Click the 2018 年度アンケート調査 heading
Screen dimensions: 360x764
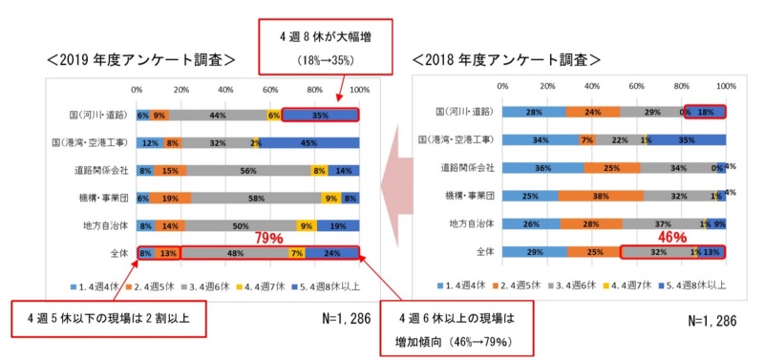tap(506, 59)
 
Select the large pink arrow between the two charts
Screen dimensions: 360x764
tap(393, 180)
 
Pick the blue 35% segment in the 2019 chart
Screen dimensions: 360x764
tap(321, 115)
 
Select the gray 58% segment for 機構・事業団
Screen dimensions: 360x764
tap(256, 199)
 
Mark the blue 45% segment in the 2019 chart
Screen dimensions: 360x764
tap(309, 142)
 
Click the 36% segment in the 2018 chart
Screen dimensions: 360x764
tap(542, 167)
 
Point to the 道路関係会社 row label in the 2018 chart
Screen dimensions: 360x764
tap(465, 167)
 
